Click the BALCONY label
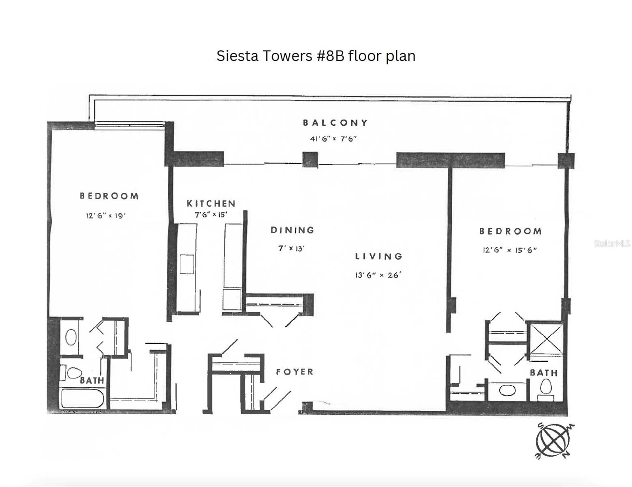(x=335, y=123)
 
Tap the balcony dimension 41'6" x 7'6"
(x=333, y=139)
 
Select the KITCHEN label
(x=211, y=203)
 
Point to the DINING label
(x=292, y=230)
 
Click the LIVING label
(x=379, y=256)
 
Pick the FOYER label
(x=295, y=372)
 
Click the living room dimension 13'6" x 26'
(x=378, y=275)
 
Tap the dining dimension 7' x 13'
(x=291, y=248)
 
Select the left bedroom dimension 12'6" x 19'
(x=105, y=215)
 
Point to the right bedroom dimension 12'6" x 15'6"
(x=509, y=250)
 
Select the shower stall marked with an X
(x=546, y=338)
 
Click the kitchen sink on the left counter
(x=187, y=264)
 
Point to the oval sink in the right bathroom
(x=507, y=390)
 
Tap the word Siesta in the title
(x=237, y=56)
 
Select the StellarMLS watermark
(x=612, y=243)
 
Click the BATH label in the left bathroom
(x=92, y=380)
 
